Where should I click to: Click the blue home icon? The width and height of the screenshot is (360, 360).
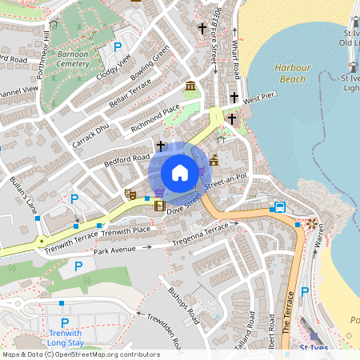click(180, 172)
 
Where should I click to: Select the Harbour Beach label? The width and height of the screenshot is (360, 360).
click(291, 74)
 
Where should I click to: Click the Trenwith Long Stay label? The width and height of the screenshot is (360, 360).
click(66, 338)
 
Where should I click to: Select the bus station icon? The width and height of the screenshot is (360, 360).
click(279, 207)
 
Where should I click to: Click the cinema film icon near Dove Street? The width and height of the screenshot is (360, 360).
click(159, 206)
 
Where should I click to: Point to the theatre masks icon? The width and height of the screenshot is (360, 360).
click(130, 194)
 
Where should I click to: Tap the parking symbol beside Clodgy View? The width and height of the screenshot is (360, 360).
click(118, 48)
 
